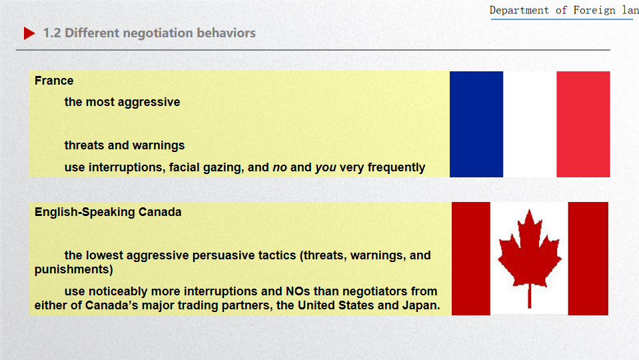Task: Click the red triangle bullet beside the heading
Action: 29,33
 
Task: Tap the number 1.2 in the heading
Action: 52,33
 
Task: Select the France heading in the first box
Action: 54,81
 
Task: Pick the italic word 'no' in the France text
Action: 280,167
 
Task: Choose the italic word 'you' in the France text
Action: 326,167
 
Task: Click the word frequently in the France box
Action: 396,167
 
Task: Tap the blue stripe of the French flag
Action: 476,125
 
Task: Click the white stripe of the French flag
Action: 530,125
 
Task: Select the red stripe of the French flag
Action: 583,125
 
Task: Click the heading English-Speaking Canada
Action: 108,212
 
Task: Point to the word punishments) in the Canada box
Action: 74,269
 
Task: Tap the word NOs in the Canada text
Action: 298,291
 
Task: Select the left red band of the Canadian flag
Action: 471,259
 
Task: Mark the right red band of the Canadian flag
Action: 588,259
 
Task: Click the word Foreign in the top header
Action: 594,10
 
